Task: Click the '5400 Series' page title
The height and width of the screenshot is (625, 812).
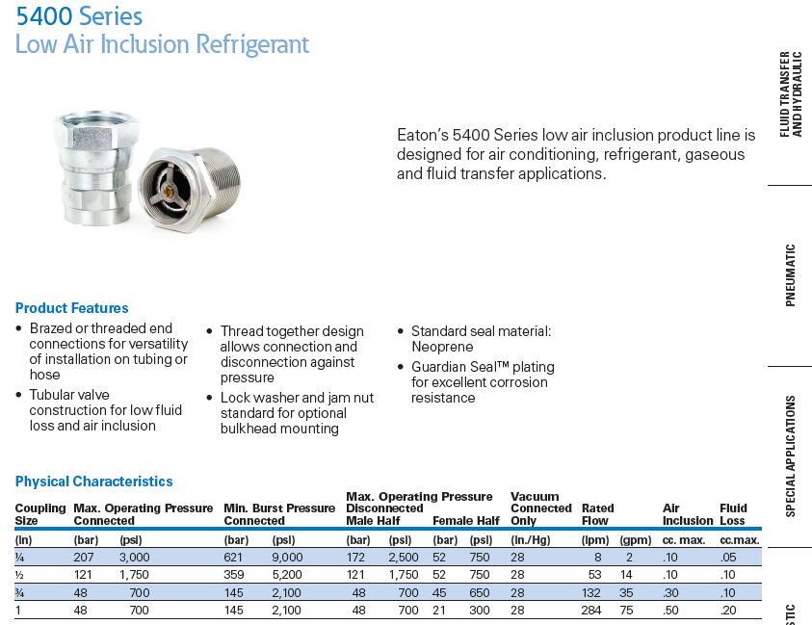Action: coord(79,16)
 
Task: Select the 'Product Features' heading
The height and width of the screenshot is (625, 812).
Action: coord(71,308)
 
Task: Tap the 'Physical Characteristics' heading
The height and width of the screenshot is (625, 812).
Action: coord(93,482)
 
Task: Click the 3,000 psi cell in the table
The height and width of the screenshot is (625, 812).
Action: coord(135,557)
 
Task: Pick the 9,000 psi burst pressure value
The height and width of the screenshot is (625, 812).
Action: coord(287,557)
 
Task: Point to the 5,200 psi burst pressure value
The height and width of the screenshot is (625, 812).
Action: coord(287,574)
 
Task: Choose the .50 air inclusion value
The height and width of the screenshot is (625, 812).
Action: coord(670,610)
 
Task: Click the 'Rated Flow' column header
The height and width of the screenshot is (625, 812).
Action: coord(598,514)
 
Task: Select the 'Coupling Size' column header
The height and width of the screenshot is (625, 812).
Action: coord(39,514)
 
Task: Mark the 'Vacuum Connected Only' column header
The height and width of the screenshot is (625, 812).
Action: coord(540,508)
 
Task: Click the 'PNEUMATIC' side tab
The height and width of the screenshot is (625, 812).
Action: coord(791,274)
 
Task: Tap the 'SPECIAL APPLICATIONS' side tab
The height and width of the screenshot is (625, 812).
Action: coord(791,456)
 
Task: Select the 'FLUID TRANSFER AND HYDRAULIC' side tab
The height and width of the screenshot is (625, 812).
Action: coord(791,94)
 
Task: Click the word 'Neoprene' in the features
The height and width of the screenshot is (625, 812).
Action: coord(441,347)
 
